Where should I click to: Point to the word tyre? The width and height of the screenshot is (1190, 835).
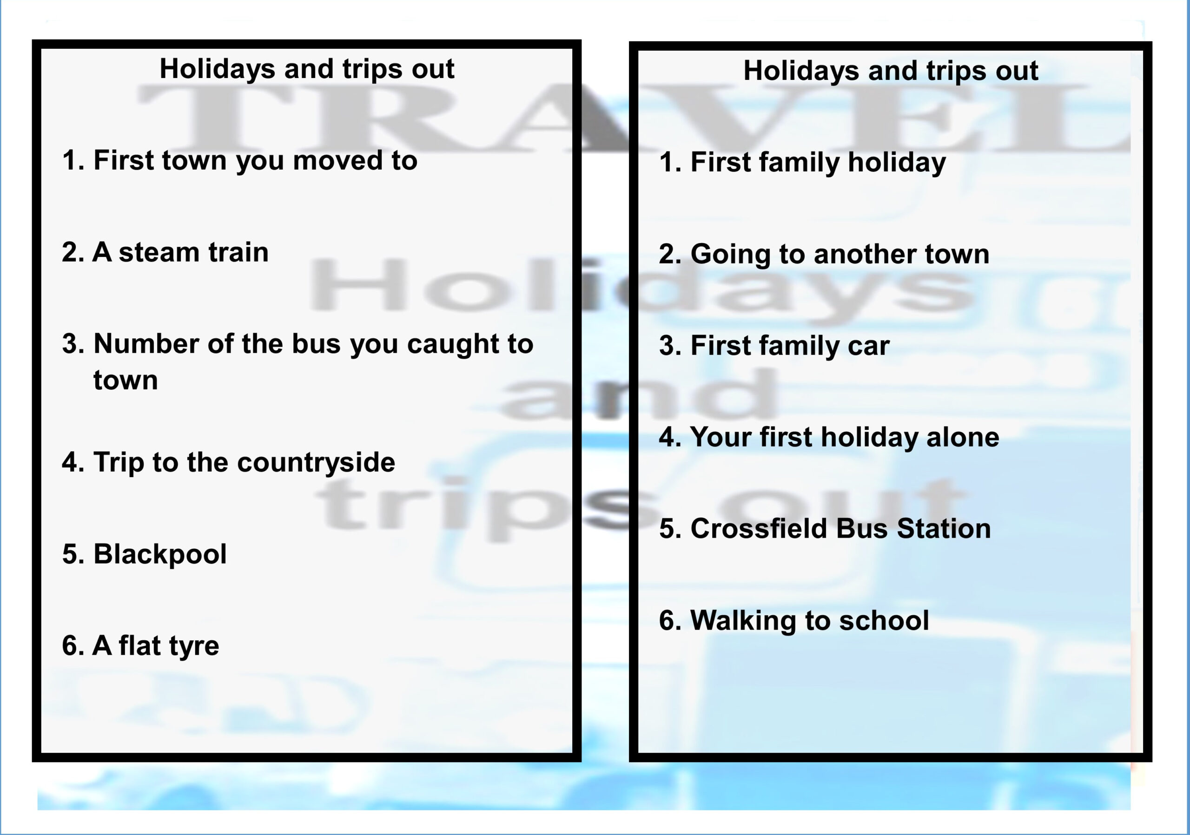pos(194,646)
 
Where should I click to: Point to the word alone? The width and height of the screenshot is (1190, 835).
pos(963,437)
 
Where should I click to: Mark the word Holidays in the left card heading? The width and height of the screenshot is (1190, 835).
pos(217,69)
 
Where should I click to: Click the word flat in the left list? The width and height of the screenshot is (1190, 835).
pos(140,646)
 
